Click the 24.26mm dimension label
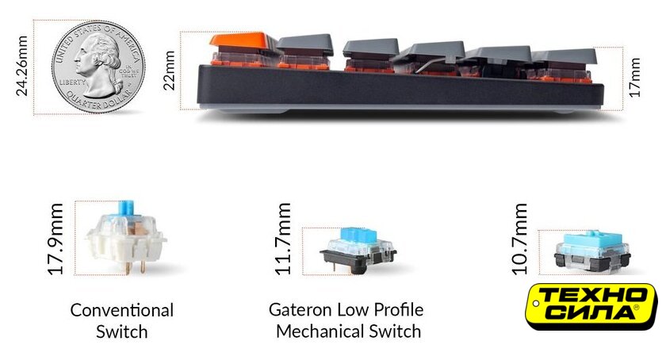tap(21, 67)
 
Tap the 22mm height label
tap(169, 70)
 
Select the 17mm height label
tap(634, 78)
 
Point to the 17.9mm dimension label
tap(55, 239)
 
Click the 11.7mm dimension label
tap(283, 239)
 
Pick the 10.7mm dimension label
tap(519, 239)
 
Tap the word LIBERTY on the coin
tap(73, 82)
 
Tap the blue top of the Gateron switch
tap(359, 236)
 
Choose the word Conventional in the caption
tap(122, 310)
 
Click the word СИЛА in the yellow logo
tap(591, 312)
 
